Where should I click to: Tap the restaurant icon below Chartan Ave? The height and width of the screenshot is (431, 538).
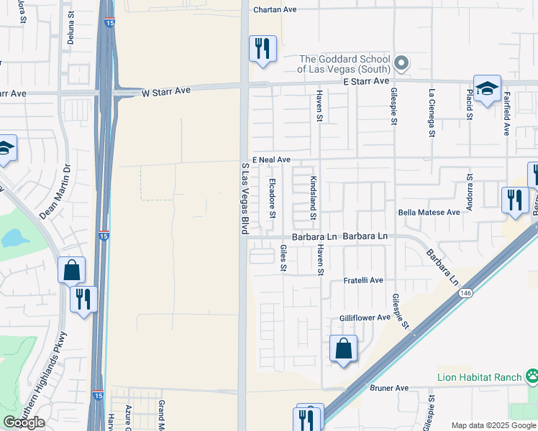point(262,49)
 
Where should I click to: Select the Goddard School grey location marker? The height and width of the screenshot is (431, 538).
point(402,63)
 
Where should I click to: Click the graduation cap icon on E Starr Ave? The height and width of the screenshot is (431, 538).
point(487,89)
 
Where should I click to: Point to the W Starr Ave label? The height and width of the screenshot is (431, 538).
point(166,93)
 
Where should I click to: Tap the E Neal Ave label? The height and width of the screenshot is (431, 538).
point(271,159)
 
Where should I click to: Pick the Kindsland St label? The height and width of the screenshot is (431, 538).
point(313,198)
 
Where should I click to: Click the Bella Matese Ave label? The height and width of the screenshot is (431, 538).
point(429,213)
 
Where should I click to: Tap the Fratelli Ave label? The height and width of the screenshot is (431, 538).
point(363,280)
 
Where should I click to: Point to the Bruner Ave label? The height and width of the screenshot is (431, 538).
point(389,388)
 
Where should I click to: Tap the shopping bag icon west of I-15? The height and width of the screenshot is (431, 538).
point(71,270)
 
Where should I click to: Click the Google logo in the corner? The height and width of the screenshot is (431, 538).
point(24,422)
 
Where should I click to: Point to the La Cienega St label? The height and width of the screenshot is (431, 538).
point(432,112)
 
